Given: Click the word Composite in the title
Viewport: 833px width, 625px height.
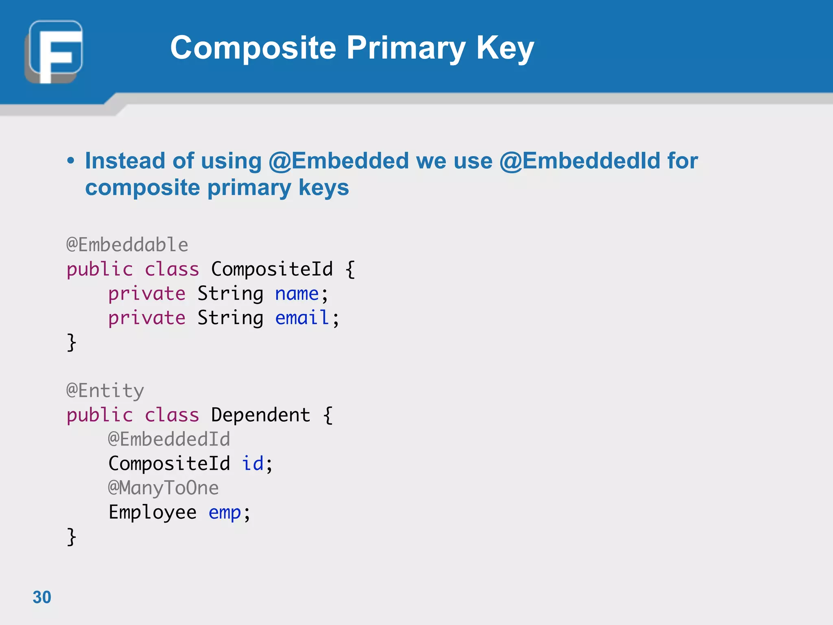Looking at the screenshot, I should [253, 48].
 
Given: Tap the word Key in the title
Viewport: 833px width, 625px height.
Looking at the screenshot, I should [505, 48].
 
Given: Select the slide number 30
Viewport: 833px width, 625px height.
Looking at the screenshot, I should [42, 597].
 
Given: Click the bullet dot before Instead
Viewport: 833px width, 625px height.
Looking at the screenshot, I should [71, 161].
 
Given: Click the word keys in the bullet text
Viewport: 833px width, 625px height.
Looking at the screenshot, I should [323, 188].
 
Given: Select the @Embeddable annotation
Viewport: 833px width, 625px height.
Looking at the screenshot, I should [127, 245].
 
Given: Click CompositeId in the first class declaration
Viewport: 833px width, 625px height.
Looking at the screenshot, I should [272, 269].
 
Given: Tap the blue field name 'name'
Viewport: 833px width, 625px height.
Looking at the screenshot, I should [297, 294].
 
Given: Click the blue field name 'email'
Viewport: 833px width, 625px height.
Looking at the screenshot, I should [302, 318].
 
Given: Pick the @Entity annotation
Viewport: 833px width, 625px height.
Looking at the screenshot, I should [105, 391].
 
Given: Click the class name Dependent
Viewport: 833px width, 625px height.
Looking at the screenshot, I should [260, 415].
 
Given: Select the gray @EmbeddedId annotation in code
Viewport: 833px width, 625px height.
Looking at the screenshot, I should [169, 439].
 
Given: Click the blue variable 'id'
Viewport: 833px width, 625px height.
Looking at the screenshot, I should [253, 463].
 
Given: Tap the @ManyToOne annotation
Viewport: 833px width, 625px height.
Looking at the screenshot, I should [163, 488].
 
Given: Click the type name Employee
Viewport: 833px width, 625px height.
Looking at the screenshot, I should [153, 512].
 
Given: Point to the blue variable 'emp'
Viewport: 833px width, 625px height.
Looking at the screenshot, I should [225, 512].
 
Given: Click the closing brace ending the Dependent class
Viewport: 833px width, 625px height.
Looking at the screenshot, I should [72, 537].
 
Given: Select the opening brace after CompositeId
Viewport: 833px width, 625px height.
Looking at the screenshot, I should [350, 269].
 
